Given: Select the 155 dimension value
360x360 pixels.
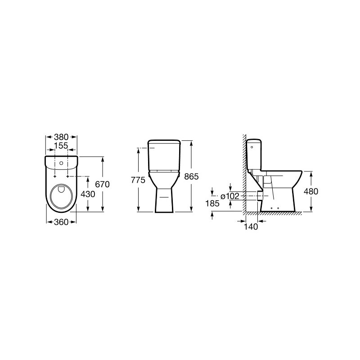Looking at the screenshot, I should click(61, 146).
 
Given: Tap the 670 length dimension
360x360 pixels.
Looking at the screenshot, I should click(102, 184).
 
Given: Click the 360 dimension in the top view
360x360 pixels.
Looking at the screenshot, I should click(61, 221).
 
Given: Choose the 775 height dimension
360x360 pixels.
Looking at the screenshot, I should click(138, 180).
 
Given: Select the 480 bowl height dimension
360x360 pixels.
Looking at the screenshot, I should click(310, 191).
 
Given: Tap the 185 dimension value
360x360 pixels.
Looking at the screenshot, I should click(212, 203).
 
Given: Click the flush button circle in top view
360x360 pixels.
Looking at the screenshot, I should click(61, 161).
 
